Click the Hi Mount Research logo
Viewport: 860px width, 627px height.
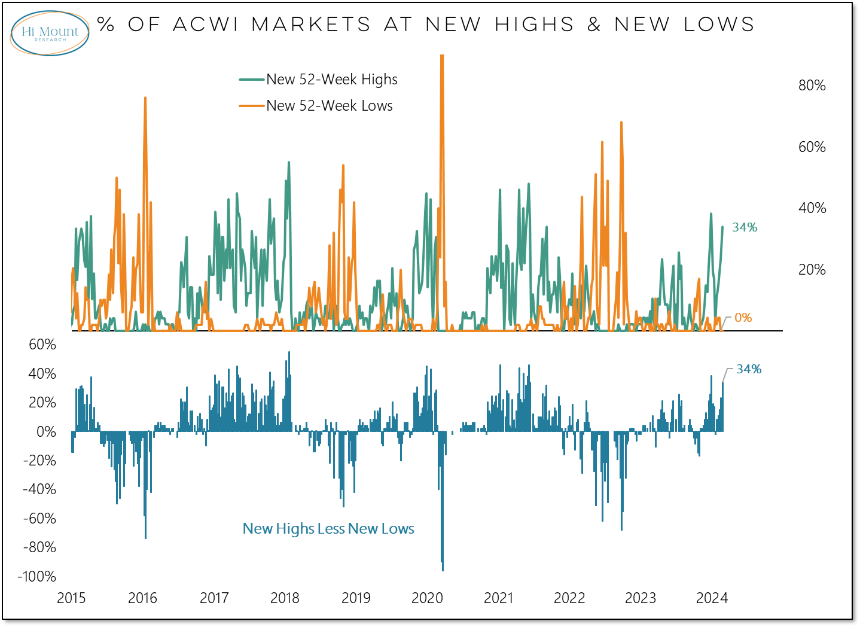[x=50, y=33]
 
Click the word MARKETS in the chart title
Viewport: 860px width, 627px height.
[x=311, y=25]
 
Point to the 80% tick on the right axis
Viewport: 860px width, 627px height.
[x=812, y=86]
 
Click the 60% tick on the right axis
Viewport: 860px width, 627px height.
[x=812, y=147]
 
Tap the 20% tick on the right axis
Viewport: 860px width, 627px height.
[x=812, y=270]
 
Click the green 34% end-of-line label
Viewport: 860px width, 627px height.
[x=745, y=227]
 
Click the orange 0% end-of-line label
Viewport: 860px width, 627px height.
[x=743, y=318]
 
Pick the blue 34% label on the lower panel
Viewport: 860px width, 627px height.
[x=749, y=369]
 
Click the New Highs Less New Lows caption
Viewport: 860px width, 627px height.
[x=328, y=529]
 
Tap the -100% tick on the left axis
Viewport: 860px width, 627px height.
[x=37, y=577]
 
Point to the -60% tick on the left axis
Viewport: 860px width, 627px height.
[x=39, y=519]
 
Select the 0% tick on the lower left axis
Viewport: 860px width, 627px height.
[x=46, y=432]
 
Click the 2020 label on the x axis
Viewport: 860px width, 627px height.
[x=427, y=598]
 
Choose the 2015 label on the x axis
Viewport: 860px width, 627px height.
[x=71, y=598]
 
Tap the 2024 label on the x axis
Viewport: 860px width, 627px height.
[x=712, y=598]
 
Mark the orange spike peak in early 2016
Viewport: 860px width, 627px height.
[x=145, y=98]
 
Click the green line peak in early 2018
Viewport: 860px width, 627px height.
[x=289, y=163]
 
